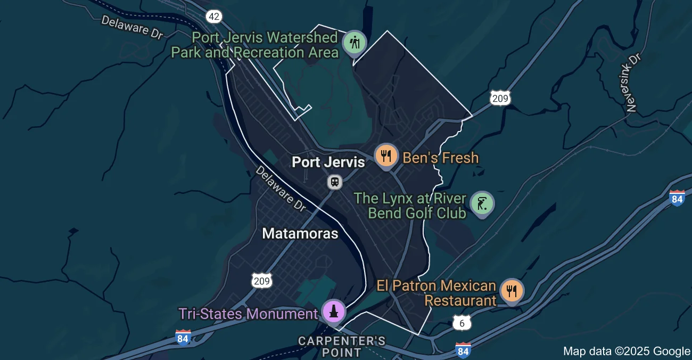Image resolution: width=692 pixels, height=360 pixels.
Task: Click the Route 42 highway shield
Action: (214, 17)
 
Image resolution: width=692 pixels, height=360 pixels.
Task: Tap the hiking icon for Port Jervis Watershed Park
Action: (354, 43)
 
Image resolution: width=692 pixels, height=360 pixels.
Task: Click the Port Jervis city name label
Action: (328, 162)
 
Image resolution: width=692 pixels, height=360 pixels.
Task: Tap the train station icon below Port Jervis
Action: (334, 182)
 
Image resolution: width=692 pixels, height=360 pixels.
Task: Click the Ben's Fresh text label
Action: (441, 158)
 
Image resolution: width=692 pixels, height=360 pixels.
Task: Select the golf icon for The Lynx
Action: (482, 204)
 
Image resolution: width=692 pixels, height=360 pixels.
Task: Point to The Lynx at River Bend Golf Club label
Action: (410, 206)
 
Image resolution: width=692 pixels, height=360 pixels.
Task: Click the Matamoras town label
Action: (300, 234)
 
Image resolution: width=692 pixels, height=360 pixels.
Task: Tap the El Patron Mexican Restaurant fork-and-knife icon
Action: (512, 290)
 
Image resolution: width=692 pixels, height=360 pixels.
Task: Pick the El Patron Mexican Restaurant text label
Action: (436, 293)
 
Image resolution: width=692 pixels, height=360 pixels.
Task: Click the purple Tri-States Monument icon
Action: (334, 311)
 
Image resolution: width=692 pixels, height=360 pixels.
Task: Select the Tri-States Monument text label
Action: (248, 314)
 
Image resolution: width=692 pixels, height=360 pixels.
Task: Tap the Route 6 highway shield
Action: (462, 322)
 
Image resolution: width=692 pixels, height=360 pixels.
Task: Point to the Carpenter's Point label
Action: (341, 346)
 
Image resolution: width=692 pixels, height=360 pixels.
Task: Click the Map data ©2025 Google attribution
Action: (627, 351)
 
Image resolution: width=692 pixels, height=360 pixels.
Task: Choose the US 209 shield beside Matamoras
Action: (262, 280)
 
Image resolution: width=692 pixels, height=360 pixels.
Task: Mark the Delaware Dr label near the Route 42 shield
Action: (132, 27)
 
